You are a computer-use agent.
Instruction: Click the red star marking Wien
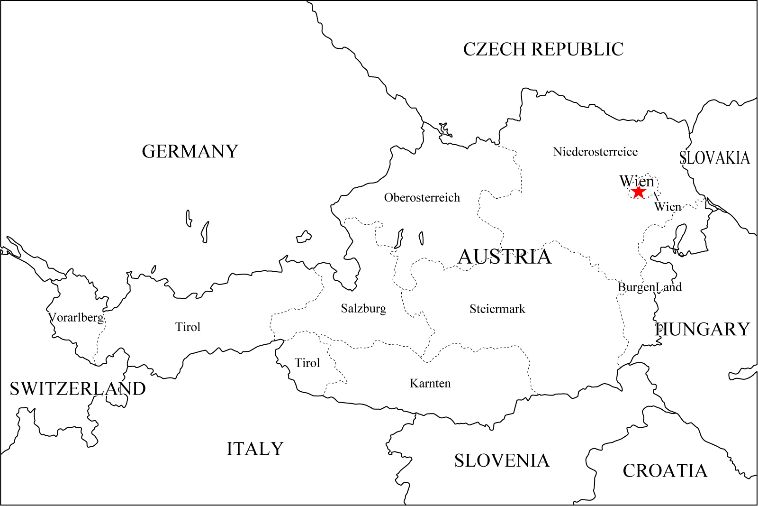(639, 192)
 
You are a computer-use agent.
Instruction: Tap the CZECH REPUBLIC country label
(543, 49)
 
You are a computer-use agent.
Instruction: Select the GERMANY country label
(190, 152)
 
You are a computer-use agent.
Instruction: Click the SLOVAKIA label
(714, 158)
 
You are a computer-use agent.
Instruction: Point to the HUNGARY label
(703, 329)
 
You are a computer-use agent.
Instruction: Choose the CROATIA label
(665, 471)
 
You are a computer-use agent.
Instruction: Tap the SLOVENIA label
(502, 460)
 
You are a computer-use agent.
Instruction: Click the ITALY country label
(255, 449)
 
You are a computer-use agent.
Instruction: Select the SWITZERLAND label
(78, 389)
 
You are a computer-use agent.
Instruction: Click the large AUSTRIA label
(505, 257)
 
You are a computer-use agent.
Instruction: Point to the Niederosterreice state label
(595, 152)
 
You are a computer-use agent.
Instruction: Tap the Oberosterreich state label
(422, 198)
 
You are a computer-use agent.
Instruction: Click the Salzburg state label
(363, 309)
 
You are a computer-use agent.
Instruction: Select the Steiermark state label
(497, 309)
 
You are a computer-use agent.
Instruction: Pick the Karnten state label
(430, 383)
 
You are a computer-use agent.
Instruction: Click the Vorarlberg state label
(76, 317)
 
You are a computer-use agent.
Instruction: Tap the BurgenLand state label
(650, 287)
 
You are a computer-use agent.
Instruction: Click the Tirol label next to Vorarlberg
(188, 327)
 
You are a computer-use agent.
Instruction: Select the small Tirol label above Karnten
(307, 363)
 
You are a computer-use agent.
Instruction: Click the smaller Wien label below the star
(668, 207)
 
